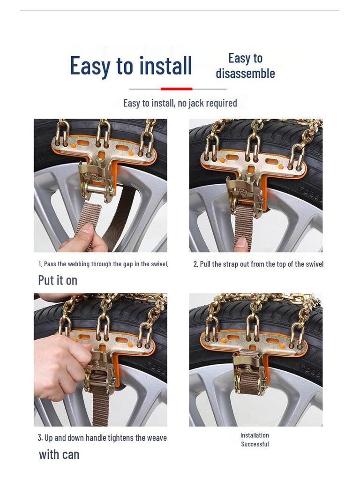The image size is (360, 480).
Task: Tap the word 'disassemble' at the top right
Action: [x=245, y=74]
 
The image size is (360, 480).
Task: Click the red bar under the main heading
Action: [x=176, y=89]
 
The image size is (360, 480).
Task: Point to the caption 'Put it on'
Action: [x=58, y=280]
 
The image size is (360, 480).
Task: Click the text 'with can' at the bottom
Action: [x=59, y=454]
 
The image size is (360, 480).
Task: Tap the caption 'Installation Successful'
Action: [x=255, y=440]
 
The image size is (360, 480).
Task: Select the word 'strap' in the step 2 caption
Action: [x=231, y=264]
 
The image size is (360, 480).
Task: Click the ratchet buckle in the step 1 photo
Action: [x=97, y=180]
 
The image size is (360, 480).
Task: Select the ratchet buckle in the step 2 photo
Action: [x=244, y=192]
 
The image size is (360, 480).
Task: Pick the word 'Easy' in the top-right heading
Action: [x=239, y=58]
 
